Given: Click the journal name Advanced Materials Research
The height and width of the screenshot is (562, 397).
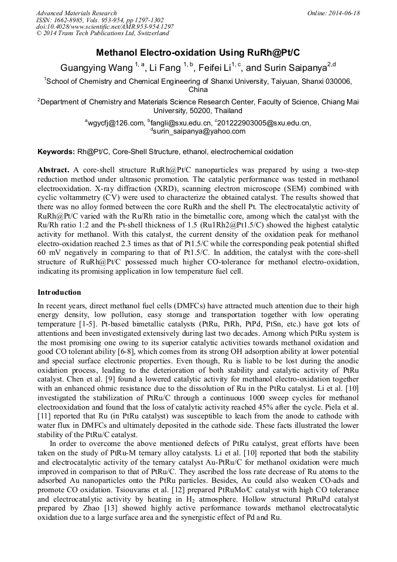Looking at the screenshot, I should tap(76, 13).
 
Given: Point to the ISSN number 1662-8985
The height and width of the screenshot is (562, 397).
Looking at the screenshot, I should tap(68, 20).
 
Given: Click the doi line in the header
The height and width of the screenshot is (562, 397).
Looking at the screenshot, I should tap(105, 27).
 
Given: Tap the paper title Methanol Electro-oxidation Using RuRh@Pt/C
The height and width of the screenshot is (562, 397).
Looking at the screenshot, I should tap(198, 52).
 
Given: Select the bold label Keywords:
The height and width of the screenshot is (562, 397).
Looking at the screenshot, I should tap(56, 152).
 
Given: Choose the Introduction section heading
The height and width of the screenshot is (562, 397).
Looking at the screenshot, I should tap(59, 292).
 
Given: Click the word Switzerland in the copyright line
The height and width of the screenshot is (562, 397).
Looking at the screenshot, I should tap(147, 34).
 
